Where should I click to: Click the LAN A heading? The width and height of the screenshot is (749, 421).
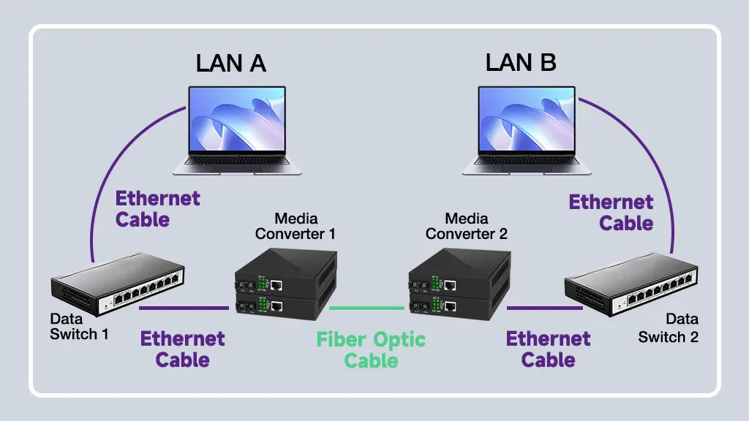(x=230, y=63)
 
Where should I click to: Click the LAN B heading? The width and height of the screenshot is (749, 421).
(x=521, y=63)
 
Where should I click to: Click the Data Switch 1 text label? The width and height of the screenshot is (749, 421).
(x=79, y=327)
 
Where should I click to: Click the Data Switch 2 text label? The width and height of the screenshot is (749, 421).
(x=669, y=328)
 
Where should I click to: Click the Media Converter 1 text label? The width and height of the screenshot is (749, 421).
(x=296, y=226)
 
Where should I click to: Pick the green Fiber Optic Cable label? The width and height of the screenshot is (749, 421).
(x=371, y=349)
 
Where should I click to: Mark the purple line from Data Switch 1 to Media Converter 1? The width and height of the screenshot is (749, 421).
(x=184, y=308)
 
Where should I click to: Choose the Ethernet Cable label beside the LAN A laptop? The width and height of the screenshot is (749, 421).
(x=157, y=208)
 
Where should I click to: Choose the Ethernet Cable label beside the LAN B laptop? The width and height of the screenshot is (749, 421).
(x=611, y=212)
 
